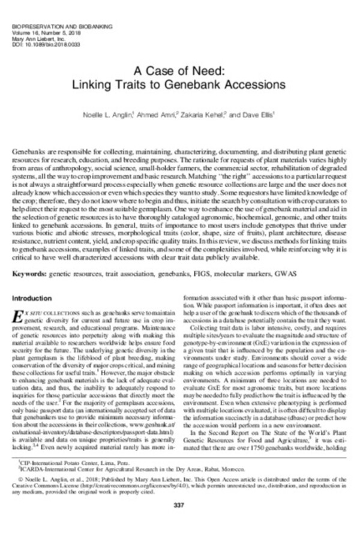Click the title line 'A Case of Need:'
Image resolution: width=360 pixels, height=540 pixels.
(x=180, y=70)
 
